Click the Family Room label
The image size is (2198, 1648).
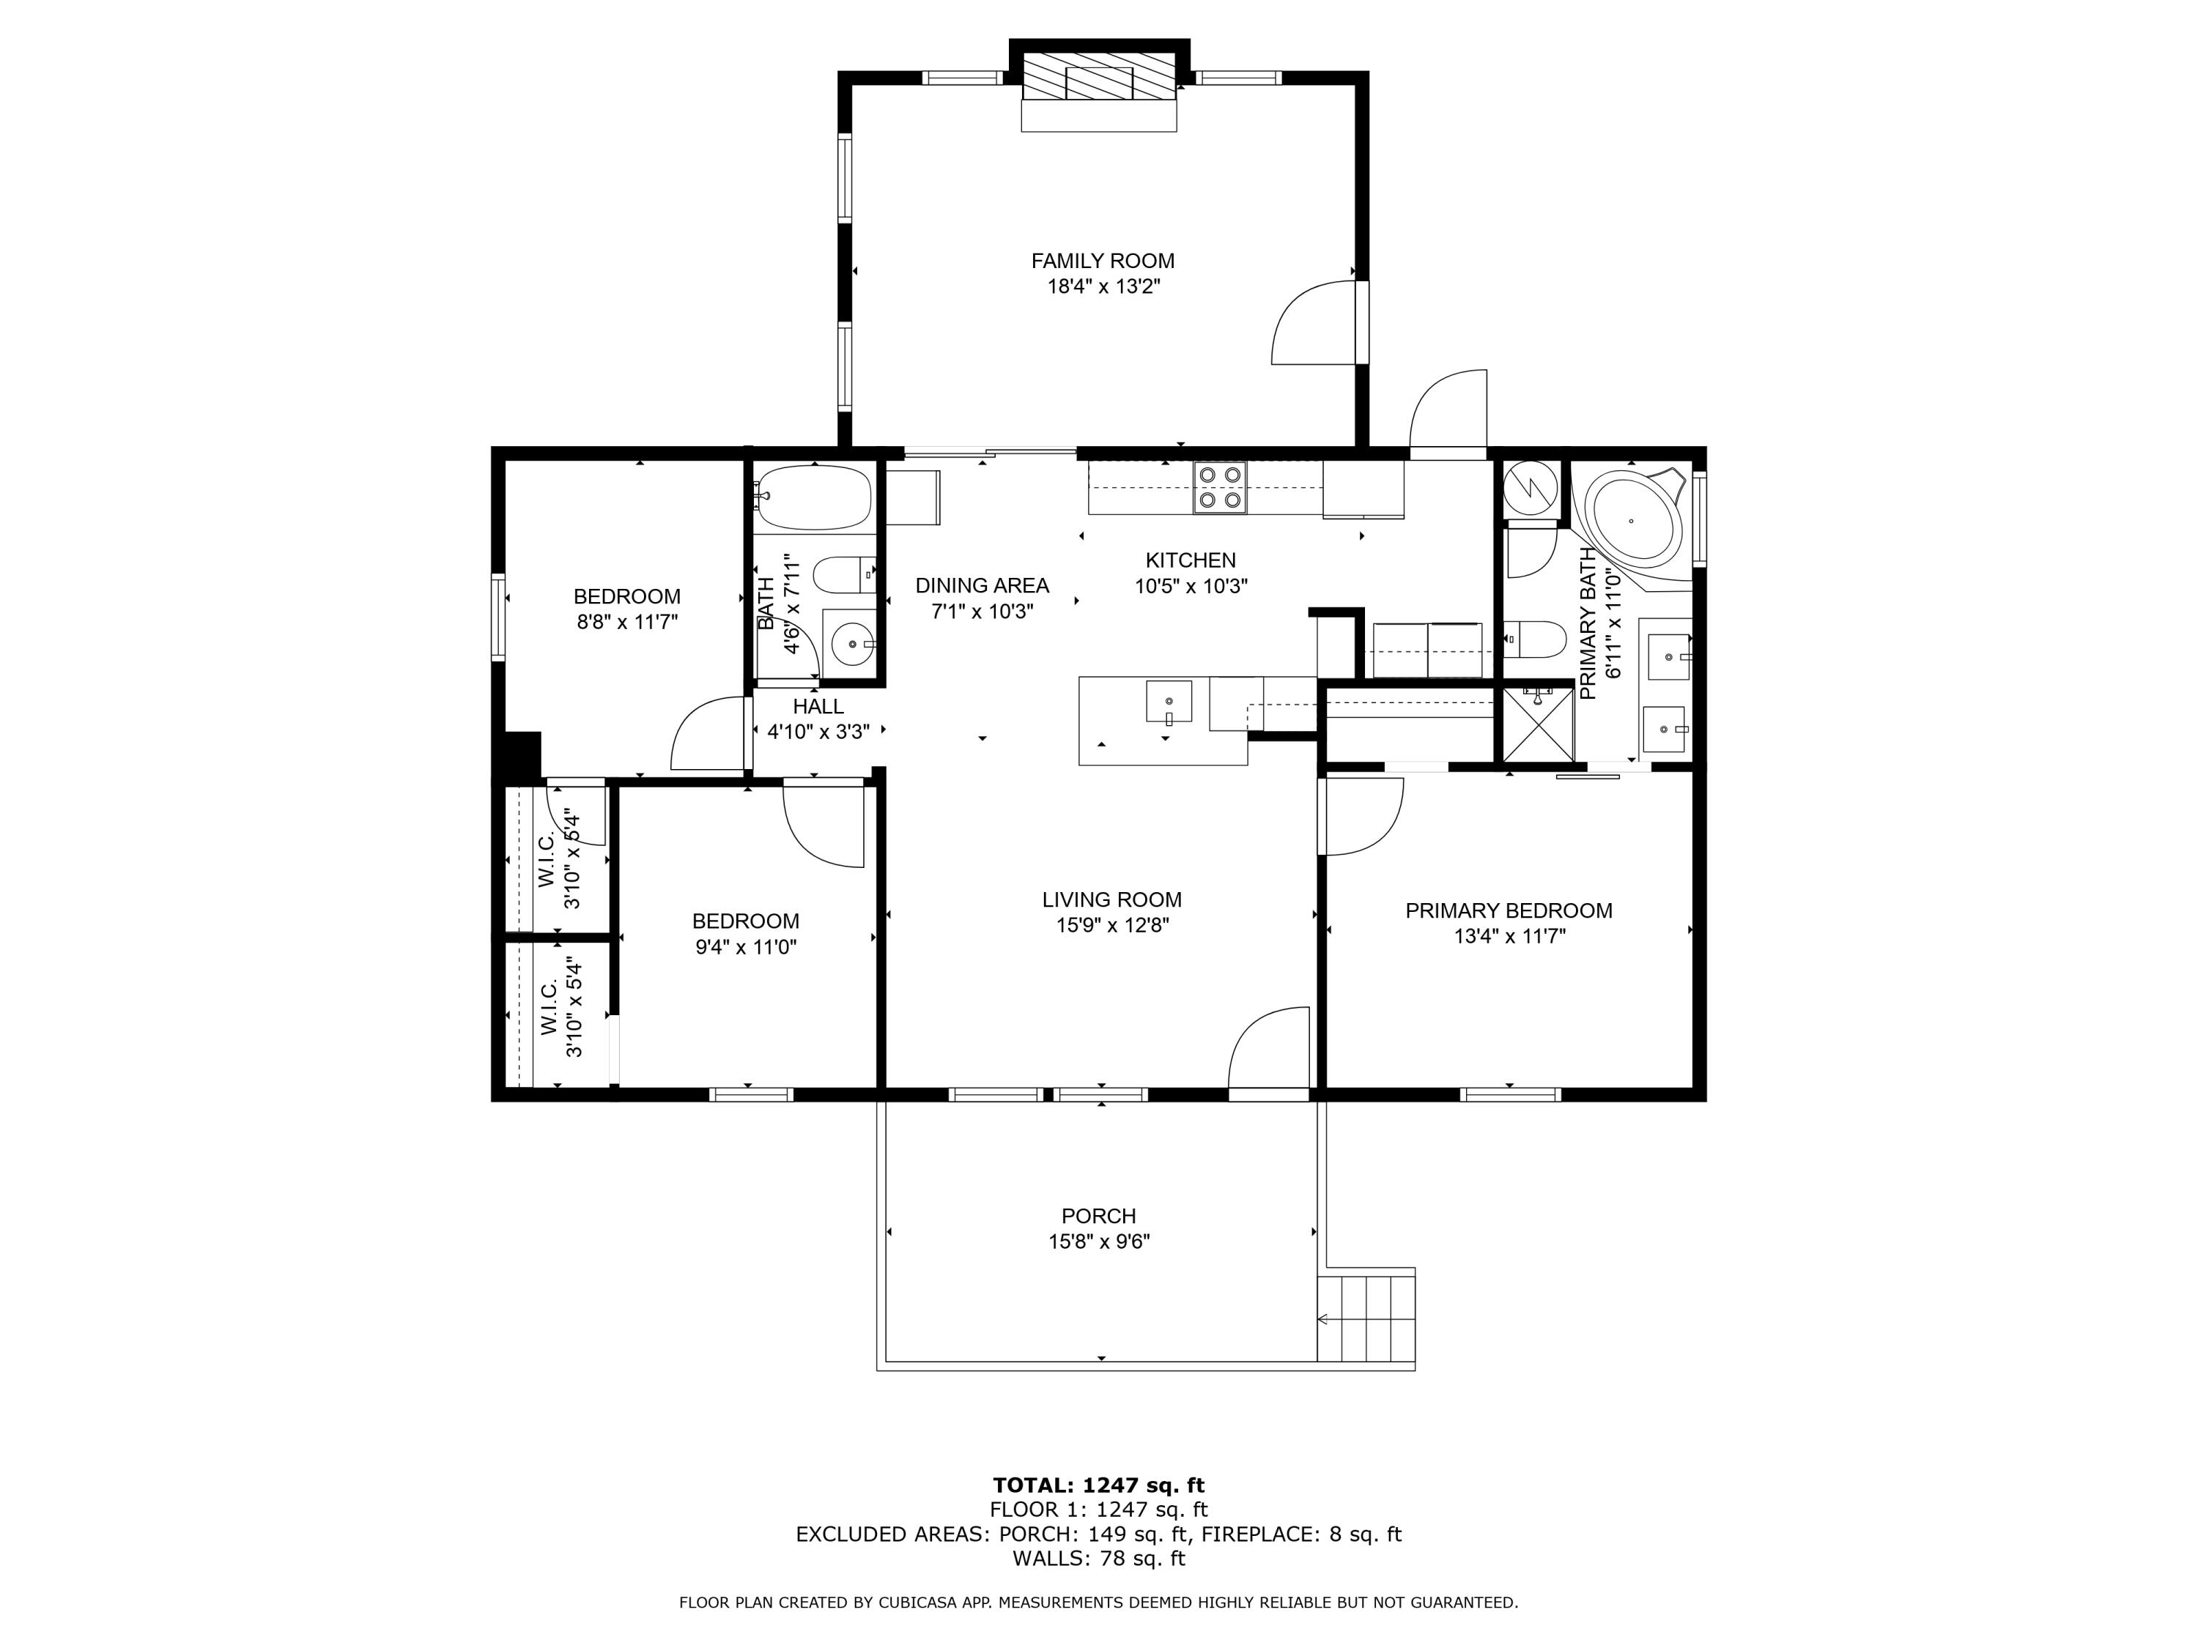tap(1102, 261)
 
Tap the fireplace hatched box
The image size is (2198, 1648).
tap(1099, 76)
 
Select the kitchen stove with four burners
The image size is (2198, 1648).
tap(1220, 488)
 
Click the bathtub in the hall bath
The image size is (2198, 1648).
tap(814, 497)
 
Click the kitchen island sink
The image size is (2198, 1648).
tap(1169, 702)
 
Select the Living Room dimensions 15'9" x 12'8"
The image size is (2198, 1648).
tap(1112, 926)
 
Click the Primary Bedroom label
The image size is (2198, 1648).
tap(1509, 911)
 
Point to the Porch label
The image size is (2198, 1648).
tap(1099, 1216)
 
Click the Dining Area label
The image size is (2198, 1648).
tap(982, 586)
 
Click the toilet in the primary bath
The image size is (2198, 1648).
tap(1534, 639)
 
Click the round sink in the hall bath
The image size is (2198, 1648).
tap(851, 644)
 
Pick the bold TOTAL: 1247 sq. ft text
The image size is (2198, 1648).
tap(1099, 1485)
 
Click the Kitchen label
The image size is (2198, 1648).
tap(1191, 560)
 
